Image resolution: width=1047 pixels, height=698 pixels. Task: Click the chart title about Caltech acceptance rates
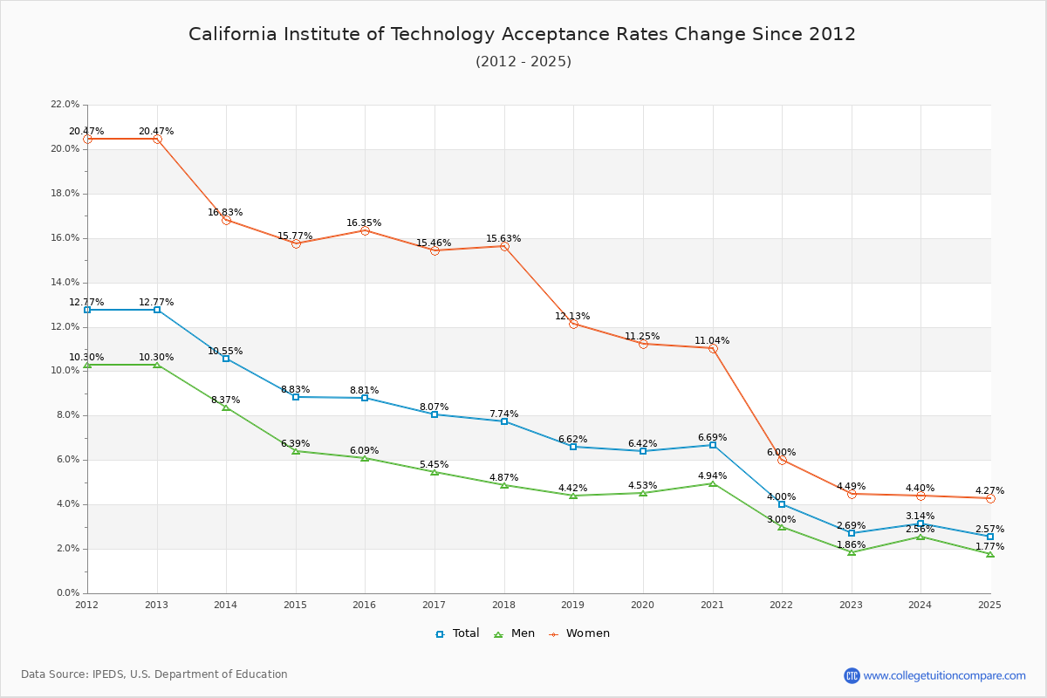click(x=522, y=34)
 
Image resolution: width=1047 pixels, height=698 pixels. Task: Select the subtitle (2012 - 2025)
click(x=523, y=62)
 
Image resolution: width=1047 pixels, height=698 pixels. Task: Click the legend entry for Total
click(x=458, y=633)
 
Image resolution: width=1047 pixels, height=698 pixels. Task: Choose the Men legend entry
click(x=516, y=633)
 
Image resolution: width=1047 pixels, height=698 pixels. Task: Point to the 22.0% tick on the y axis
click(x=65, y=105)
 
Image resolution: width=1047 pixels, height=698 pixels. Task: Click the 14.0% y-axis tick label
click(x=65, y=283)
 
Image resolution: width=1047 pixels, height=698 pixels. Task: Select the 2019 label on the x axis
click(x=573, y=604)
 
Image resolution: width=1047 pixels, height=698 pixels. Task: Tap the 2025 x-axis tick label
click(x=989, y=604)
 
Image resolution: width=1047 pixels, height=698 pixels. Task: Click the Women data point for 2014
click(x=226, y=220)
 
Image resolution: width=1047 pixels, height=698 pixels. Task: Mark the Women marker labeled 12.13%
click(x=573, y=324)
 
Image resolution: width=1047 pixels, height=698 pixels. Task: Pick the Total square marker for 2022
click(x=782, y=504)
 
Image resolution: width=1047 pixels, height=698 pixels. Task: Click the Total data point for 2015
click(x=296, y=397)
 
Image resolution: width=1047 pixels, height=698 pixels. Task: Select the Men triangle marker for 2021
click(x=713, y=483)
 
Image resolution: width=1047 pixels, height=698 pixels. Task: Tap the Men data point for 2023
click(x=852, y=552)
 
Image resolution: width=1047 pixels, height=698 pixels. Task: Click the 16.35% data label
click(x=364, y=223)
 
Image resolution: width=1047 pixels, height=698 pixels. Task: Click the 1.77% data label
click(x=989, y=547)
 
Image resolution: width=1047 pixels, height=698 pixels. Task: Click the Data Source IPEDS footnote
click(x=154, y=674)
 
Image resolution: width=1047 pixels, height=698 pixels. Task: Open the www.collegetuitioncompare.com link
click(x=944, y=675)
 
